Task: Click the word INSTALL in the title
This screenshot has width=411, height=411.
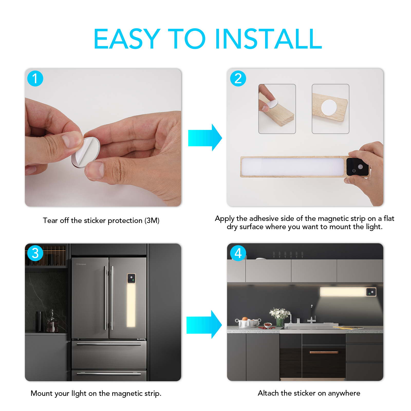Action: [x=268, y=39]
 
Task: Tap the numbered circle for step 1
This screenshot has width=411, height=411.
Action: [x=35, y=78]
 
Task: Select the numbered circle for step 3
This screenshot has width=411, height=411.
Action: [x=35, y=253]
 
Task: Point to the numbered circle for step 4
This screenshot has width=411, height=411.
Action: [x=238, y=253]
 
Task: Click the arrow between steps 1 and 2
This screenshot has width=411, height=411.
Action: [x=205, y=138]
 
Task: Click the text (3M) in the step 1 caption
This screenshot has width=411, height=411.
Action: [x=152, y=220]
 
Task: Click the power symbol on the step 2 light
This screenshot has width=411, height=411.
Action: [x=354, y=171]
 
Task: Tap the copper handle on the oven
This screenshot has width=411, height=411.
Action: [x=324, y=352]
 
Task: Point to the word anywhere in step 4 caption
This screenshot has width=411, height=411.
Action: [x=344, y=394]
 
